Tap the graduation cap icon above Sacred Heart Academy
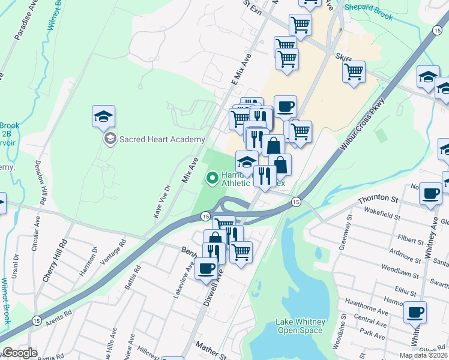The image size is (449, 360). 103,116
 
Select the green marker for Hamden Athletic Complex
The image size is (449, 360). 211,177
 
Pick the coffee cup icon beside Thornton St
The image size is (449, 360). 430,193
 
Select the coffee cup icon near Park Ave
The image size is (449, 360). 415,312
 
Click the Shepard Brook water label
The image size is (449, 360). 369,13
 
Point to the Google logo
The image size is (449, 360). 19,353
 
